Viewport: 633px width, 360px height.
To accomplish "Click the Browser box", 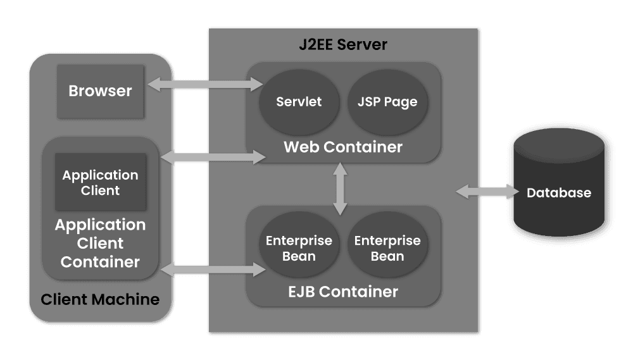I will (100, 91).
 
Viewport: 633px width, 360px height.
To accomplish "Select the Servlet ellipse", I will (299, 102).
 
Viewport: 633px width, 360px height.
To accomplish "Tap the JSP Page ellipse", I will (387, 102).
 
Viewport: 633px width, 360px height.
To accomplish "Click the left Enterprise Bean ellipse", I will (299, 248).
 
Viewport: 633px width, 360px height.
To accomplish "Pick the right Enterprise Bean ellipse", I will (387, 248).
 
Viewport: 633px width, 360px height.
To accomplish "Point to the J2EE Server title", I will (342, 45).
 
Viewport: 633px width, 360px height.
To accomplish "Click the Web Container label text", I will (342, 147).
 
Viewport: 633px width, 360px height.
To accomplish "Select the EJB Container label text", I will (342, 292).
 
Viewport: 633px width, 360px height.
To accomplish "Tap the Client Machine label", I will (100, 299).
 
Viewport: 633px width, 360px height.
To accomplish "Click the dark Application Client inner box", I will (100, 182).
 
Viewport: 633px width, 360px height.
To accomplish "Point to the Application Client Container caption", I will (100, 243).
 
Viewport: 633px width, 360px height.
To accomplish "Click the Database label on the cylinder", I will (559, 193).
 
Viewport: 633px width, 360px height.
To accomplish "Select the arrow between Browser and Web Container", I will (204, 84).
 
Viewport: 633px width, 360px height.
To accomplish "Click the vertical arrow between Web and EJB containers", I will (341, 189).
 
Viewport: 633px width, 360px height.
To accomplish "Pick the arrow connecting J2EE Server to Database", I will (485, 191).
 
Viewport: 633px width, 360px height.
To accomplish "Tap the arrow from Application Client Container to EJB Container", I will (213, 270).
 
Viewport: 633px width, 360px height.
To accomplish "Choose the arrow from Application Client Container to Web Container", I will (213, 156).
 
